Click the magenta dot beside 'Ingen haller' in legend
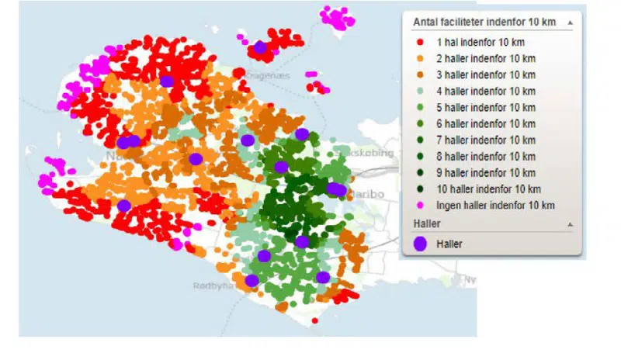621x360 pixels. pyautogui.click(x=420, y=205)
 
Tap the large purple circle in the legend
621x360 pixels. pyautogui.click(x=420, y=243)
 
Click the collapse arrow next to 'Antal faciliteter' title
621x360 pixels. pyautogui.click(x=571, y=23)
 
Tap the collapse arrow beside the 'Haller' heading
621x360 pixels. pyautogui.click(x=571, y=223)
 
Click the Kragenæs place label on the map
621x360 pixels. pyautogui.click(x=268, y=75)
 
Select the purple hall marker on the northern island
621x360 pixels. pyautogui.click(x=260, y=47)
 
